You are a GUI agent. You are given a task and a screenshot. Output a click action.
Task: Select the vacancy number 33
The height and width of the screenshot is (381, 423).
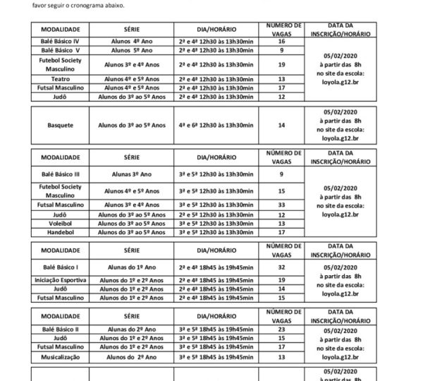[x=281, y=204]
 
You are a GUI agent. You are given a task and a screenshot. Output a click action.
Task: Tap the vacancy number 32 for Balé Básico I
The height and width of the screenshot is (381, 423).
[x=281, y=267]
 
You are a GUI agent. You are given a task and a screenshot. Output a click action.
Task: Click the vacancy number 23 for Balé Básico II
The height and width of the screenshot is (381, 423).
[x=281, y=329]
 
